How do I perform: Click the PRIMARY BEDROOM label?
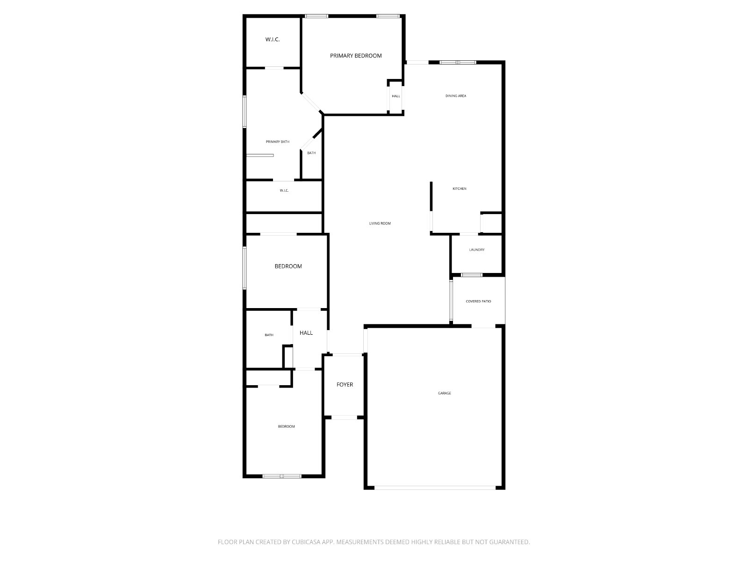click(x=355, y=56)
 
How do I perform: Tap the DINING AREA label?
click(x=455, y=96)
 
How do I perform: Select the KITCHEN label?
click(x=459, y=188)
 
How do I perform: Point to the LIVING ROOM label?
click(x=380, y=223)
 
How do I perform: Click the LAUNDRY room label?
click(x=476, y=249)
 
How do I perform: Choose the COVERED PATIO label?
click(x=478, y=301)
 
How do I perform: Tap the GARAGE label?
click(x=444, y=393)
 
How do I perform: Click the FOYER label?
click(x=345, y=384)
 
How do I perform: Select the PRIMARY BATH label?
click(x=277, y=141)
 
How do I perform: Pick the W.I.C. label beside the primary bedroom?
click(x=272, y=39)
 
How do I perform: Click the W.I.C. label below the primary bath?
click(x=284, y=190)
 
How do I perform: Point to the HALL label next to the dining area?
click(x=396, y=96)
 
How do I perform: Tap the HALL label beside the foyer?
click(x=306, y=332)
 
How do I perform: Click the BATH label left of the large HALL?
click(x=269, y=335)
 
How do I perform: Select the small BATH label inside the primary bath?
click(x=311, y=152)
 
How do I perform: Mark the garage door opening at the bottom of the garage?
click(x=434, y=488)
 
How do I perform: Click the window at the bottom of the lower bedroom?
click(x=281, y=476)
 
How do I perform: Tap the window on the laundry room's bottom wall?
click(x=471, y=274)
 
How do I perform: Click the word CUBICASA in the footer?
click(x=306, y=541)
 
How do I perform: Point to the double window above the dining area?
click(x=457, y=62)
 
